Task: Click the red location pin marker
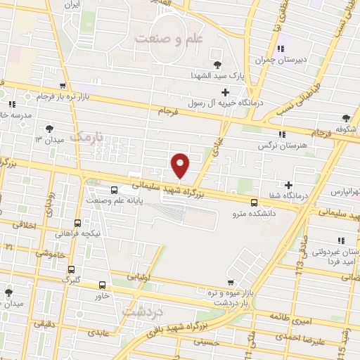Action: pyautogui.click(x=181, y=166)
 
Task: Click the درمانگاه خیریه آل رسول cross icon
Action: pyautogui.click(x=225, y=92)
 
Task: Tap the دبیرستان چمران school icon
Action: pyautogui.click(x=282, y=49)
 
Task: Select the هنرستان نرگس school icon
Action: pyautogui.click(x=282, y=134)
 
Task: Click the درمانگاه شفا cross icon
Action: pyautogui.click(x=288, y=185)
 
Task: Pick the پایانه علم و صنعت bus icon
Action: pyautogui.click(x=115, y=190)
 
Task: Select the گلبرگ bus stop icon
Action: pyautogui.click(x=71, y=269)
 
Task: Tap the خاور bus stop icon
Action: pyautogui.click(x=103, y=285)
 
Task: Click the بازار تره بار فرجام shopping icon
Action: pyautogui.click(x=28, y=95)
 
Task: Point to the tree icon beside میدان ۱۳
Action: pyautogui.click(x=50, y=129)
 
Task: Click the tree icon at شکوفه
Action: pyautogui.click(x=345, y=118)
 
